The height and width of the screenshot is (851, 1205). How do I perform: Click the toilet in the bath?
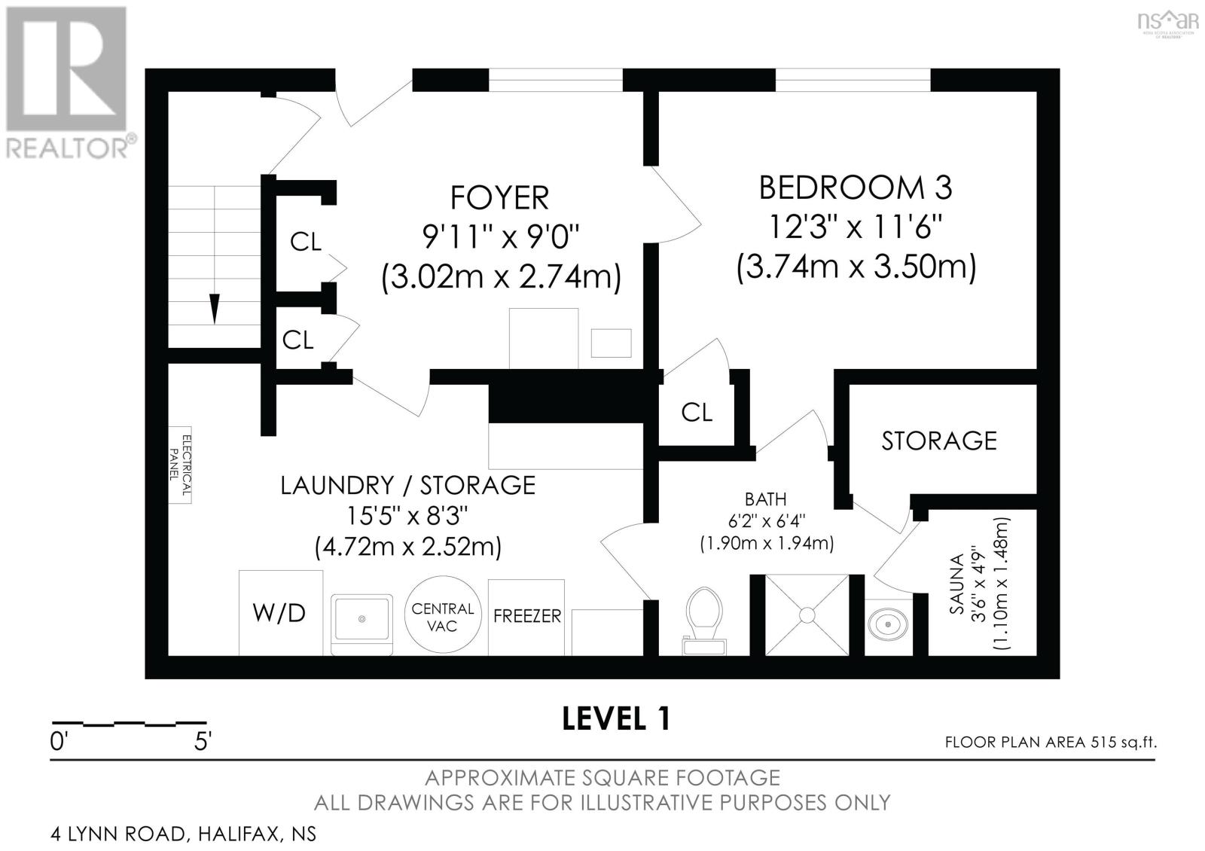pos(704,621)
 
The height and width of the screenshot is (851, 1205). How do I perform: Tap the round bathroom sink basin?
pos(888,625)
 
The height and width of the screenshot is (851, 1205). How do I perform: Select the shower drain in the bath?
pos(807,615)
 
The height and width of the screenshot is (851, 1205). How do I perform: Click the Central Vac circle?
pos(443,614)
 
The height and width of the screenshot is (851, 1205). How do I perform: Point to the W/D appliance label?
pos(279,613)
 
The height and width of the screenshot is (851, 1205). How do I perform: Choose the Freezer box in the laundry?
pos(526,617)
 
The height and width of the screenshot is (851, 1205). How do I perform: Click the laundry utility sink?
pos(361,624)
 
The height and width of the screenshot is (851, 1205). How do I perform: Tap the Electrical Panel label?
pos(180,465)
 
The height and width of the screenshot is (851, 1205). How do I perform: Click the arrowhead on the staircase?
pos(215,310)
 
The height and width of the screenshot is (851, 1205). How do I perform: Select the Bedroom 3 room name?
pos(856,188)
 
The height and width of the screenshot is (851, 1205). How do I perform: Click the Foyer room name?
pos(499,197)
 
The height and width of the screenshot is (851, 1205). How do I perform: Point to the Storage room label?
pos(939,441)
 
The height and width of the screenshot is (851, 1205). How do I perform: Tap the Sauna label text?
pos(957,584)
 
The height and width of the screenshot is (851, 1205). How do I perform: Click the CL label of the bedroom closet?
pos(697,413)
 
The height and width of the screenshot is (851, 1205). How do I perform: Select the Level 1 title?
pos(616,718)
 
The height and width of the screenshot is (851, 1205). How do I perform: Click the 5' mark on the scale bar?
pos(203,742)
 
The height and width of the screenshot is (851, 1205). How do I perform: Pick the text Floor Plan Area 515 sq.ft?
pos(1051,743)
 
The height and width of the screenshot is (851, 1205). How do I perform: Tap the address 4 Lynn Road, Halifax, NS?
pos(184,834)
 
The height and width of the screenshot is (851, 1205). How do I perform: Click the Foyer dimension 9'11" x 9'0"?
pos(500,237)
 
